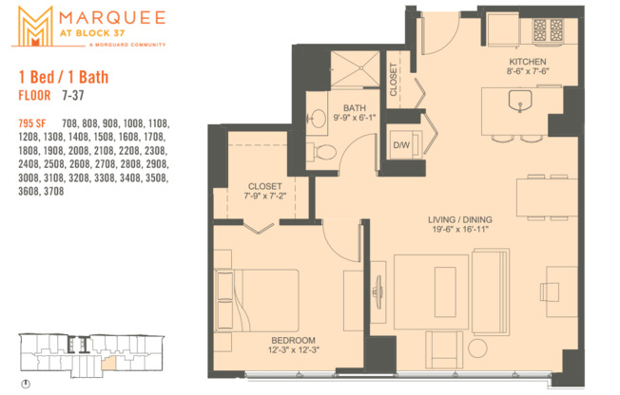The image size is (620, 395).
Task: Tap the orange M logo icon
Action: (32, 26)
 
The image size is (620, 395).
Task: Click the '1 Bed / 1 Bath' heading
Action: (59, 76)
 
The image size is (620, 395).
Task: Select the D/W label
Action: (402, 144)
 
